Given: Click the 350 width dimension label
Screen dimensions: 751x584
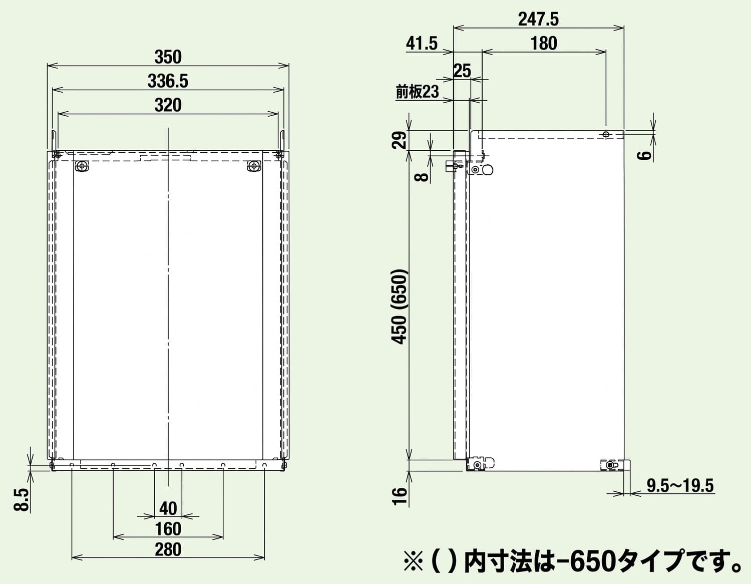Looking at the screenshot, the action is (x=168, y=58).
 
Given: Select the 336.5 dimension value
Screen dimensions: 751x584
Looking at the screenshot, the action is (x=168, y=81).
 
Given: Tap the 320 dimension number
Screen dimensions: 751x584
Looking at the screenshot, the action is (x=168, y=105).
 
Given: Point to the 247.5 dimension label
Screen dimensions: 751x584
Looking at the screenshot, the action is (x=538, y=20).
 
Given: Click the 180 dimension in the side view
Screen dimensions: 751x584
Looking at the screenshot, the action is (x=544, y=44).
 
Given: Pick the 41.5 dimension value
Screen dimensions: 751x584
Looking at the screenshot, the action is (x=422, y=44).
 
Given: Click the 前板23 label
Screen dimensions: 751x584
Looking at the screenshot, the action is (x=417, y=92).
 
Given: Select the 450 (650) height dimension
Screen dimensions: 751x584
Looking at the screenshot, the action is (x=400, y=307).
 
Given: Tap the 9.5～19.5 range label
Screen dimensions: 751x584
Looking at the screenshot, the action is (x=680, y=485).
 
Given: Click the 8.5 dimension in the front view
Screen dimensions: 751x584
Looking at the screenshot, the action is (x=22, y=500).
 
